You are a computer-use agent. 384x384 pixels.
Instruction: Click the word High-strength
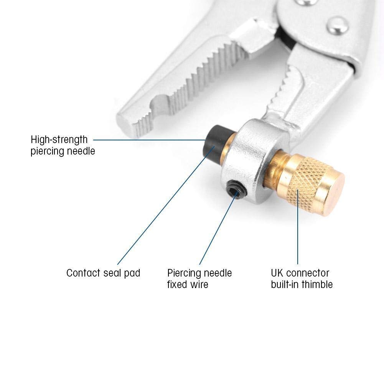point(59,139)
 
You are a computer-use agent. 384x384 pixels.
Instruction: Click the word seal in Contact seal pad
point(113,273)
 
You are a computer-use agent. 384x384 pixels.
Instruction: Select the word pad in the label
point(133,273)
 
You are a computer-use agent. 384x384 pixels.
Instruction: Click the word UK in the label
point(277,273)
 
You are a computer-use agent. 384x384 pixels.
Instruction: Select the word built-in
point(284,284)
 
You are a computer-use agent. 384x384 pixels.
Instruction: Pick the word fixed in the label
point(176,284)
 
